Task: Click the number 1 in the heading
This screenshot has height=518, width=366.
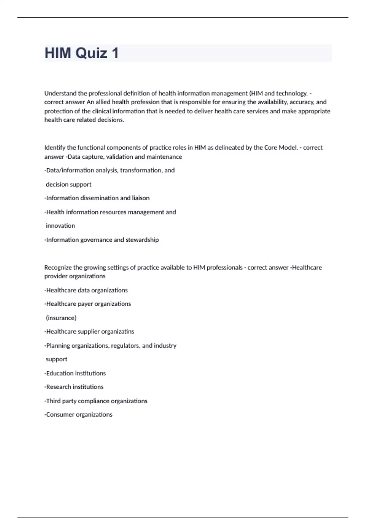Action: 115,53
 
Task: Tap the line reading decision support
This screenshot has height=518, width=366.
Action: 68,184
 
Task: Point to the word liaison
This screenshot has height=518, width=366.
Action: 141,198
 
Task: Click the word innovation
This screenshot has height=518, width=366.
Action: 60,226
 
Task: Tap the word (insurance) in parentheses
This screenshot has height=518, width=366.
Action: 61,318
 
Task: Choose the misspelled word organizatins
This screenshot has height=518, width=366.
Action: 118,332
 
